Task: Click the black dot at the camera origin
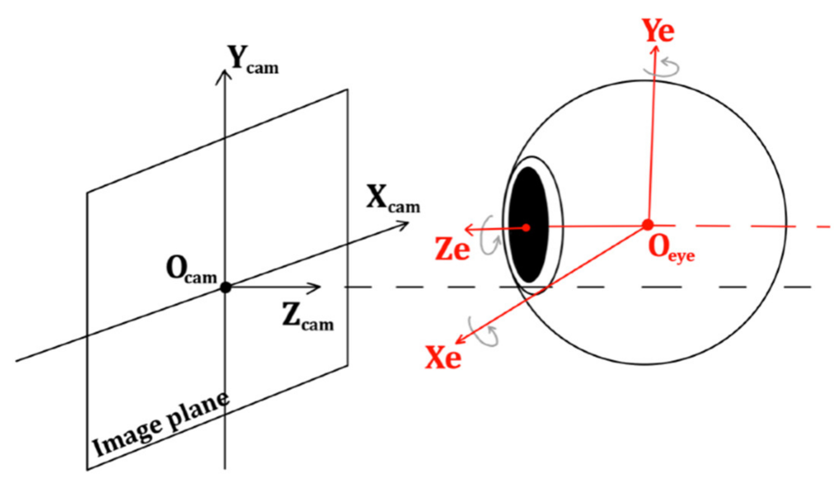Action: point(226,287)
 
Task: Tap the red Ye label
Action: point(658,30)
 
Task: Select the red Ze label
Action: point(452,249)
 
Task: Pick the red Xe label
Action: point(443,358)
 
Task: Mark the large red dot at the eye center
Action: point(648,225)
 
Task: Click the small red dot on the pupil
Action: point(526,228)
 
